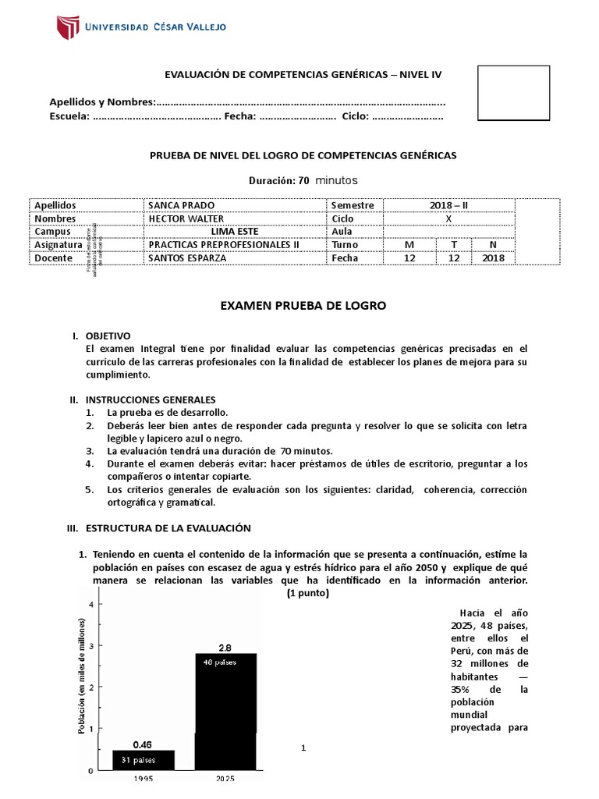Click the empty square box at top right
pos(513,93)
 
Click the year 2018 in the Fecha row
pos(493,258)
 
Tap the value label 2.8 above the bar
pos(225,648)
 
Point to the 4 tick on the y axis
pos(92,605)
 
